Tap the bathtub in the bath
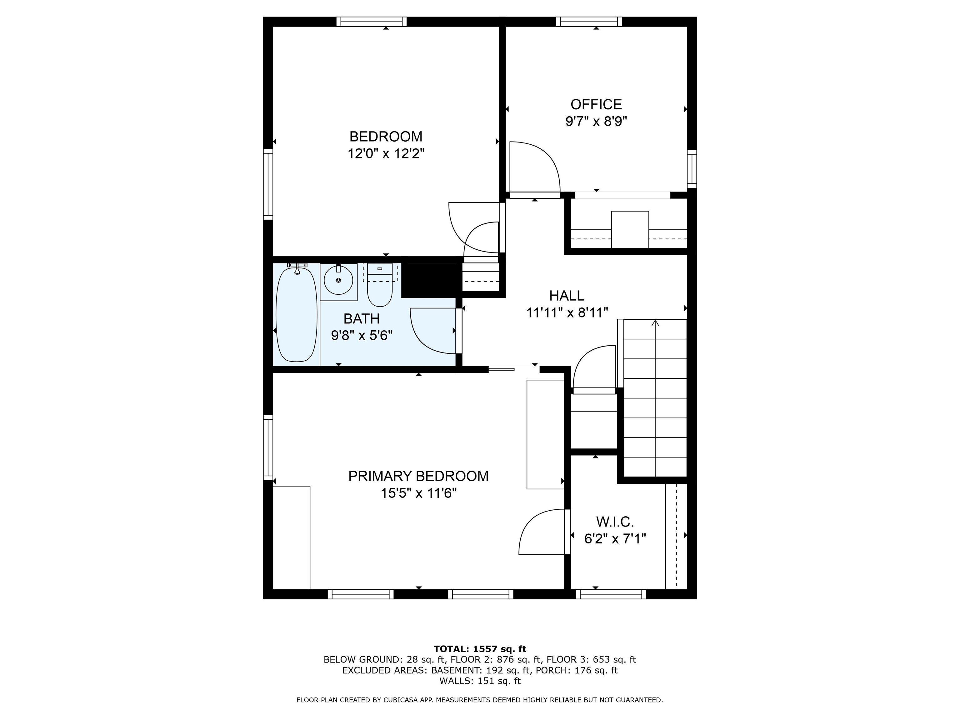(297, 315)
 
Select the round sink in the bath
(338, 280)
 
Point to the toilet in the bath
(380, 285)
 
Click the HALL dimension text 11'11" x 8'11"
(567, 312)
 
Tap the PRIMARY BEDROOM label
(418, 476)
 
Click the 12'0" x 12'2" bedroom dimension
(386, 154)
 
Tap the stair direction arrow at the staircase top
(655, 323)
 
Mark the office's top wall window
(589, 22)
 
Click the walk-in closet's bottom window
(611, 594)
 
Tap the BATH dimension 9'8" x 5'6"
(362, 336)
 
